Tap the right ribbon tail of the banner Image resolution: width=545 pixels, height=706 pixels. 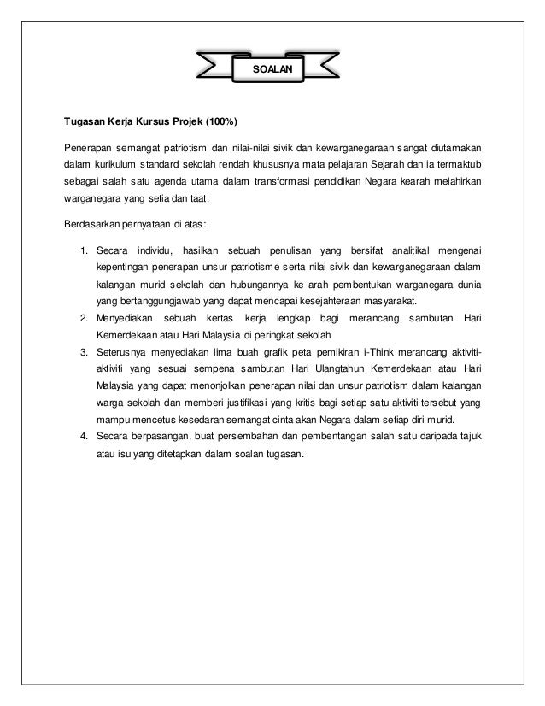pyautogui.click(x=319, y=64)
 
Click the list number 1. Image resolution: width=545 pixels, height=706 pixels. pyautogui.click(x=83, y=250)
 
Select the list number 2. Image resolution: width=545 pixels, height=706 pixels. pyautogui.click(x=83, y=319)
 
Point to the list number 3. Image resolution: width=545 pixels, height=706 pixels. pyautogui.click(x=83, y=352)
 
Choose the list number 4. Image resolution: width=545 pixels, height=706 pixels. pyautogui.click(x=83, y=436)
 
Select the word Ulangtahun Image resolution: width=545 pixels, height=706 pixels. pyautogui.click(x=324, y=368)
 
